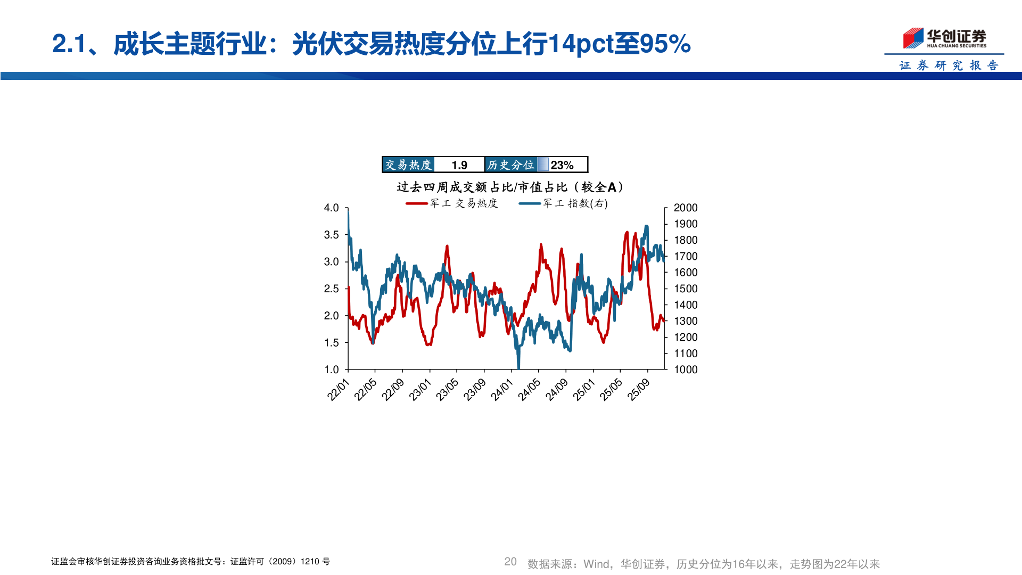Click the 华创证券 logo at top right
point(945,38)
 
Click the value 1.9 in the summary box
point(459,165)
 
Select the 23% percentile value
point(562,165)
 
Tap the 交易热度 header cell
point(408,165)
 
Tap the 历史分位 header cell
point(510,165)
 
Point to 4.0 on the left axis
point(331,208)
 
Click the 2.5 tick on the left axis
point(331,289)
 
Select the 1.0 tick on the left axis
point(331,369)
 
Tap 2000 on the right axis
point(685,208)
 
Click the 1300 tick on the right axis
point(685,321)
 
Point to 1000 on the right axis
point(685,369)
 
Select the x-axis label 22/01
point(339,390)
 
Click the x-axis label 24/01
point(502,390)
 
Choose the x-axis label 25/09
point(639,390)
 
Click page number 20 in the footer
point(510,562)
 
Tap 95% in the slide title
point(665,44)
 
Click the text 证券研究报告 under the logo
point(949,65)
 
